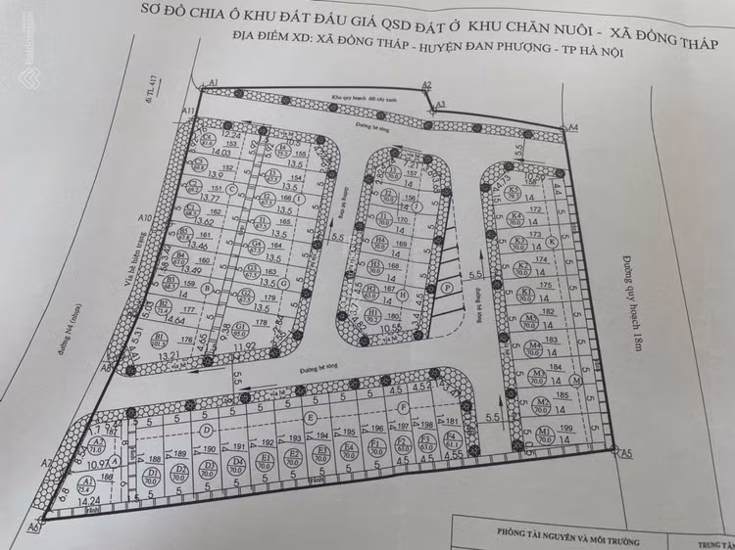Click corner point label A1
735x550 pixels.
[x=212, y=86]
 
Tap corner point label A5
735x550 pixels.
[x=628, y=452]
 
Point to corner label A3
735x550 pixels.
[x=441, y=103]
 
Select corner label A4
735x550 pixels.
[x=574, y=127]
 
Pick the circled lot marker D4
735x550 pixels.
[x=236, y=464]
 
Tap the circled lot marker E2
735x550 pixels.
[x=292, y=457]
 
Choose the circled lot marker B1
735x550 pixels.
[x=158, y=338]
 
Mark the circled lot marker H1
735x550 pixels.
[x=373, y=313]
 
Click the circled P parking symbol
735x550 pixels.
[x=447, y=288]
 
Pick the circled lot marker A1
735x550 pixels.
[x=86, y=484]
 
